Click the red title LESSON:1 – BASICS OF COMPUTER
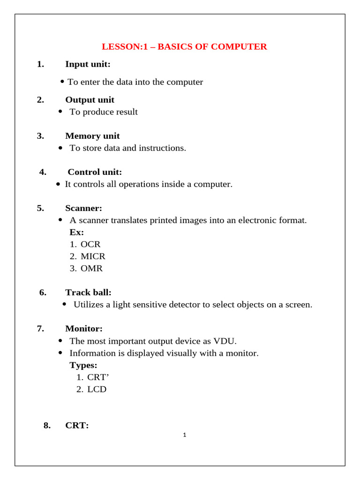[184, 47]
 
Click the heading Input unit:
[88, 64]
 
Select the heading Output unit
[90, 100]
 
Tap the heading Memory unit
[92, 136]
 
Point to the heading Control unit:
[95, 172]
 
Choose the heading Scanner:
[83, 208]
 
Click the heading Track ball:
[88, 292]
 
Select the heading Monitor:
[84, 329]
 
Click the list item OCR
[90, 244]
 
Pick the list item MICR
[93, 256]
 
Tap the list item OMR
[91, 269]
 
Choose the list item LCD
[97, 389]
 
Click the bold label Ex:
[76, 232]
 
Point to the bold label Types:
[83, 365]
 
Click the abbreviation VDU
[232, 341]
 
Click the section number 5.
[40, 208]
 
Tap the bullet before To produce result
[60, 112]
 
